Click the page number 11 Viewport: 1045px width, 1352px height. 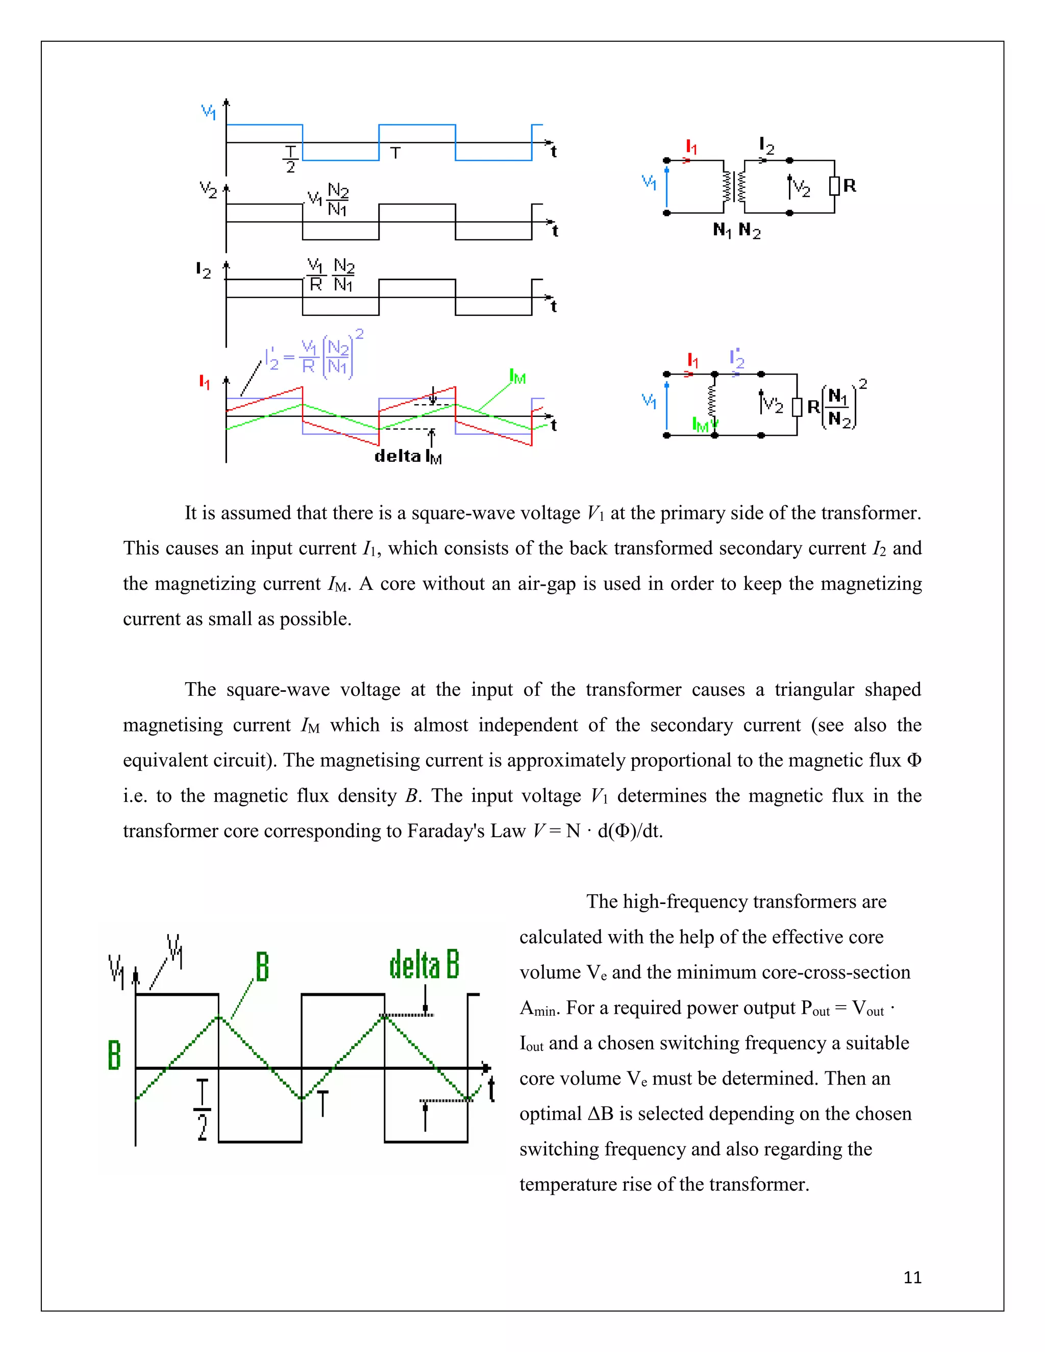[912, 1277]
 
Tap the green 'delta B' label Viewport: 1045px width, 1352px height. [424, 965]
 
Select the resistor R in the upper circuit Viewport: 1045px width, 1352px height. [834, 186]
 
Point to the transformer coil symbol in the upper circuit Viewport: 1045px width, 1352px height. [734, 186]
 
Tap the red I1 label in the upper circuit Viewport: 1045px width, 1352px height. [691, 147]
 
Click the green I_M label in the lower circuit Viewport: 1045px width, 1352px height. [700, 424]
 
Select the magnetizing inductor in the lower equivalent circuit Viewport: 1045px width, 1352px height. [714, 403]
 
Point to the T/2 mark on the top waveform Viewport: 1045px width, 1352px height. [290, 159]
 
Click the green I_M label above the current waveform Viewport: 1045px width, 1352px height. [517, 377]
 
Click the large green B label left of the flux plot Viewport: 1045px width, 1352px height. [114, 1055]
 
